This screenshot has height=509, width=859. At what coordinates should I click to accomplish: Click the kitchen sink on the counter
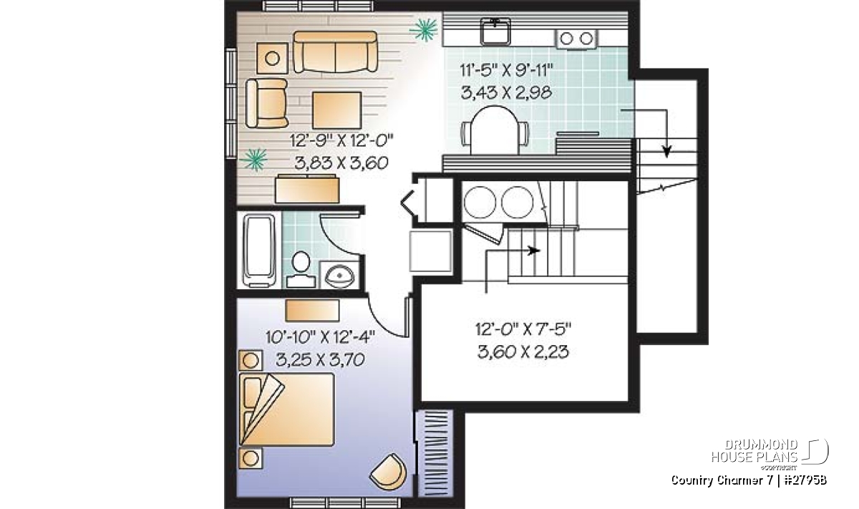[x=495, y=31]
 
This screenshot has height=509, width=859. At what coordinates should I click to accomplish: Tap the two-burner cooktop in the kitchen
[x=576, y=39]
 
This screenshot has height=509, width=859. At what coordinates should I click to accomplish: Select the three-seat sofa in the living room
[x=335, y=52]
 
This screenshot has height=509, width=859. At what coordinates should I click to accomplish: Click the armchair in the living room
[x=267, y=103]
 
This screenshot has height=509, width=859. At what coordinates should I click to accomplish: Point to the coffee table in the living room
[x=337, y=110]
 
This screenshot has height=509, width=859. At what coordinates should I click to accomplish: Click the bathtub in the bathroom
[x=259, y=251]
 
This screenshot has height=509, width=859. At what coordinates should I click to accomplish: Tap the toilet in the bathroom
[x=301, y=269]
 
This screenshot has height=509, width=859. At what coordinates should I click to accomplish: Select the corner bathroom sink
[x=340, y=275]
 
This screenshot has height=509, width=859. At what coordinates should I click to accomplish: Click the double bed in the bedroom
[x=286, y=409]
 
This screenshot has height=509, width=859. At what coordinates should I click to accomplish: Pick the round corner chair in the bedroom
[x=389, y=471]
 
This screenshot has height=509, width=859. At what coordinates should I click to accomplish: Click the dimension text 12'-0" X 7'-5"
[x=523, y=329]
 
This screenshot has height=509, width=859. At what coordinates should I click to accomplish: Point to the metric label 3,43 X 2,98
[x=506, y=92]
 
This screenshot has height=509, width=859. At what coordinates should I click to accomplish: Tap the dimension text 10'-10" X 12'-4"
[x=320, y=337]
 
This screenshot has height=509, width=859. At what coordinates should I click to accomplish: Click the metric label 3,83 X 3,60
[x=341, y=163]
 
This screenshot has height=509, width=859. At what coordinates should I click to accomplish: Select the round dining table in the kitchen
[x=495, y=130]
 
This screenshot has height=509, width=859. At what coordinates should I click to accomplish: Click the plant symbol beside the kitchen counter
[x=423, y=29]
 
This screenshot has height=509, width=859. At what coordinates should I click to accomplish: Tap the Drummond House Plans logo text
[x=754, y=450]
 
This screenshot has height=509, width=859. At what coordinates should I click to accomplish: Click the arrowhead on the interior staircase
[x=533, y=251]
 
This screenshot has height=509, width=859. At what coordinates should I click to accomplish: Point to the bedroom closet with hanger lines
[x=435, y=453]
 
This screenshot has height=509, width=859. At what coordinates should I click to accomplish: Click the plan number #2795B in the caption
[x=805, y=480]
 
